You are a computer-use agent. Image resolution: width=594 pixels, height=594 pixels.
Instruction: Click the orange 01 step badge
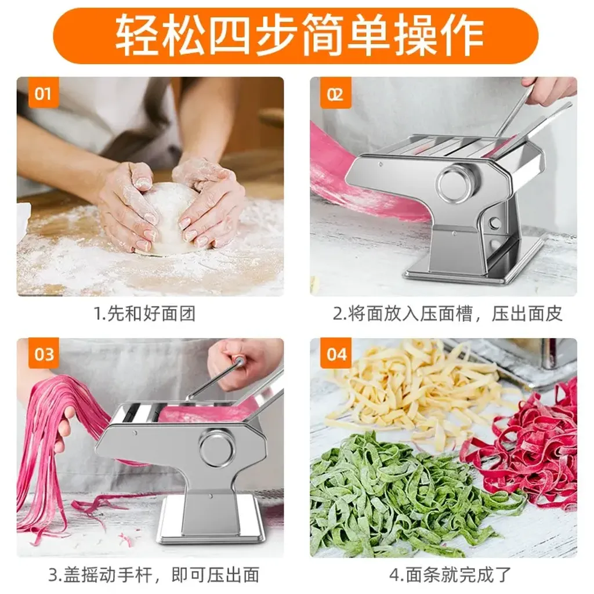click(x=43, y=92)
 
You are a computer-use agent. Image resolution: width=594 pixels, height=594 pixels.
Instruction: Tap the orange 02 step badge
click(x=336, y=92)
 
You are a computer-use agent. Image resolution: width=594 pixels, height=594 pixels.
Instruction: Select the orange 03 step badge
click(x=43, y=354)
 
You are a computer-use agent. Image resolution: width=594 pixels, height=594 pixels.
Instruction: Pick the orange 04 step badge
click(x=336, y=354)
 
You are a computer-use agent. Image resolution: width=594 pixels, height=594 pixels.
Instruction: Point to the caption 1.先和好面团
click(x=144, y=314)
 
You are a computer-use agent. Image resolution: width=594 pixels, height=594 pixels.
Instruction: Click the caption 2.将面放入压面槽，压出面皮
click(x=447, y=314)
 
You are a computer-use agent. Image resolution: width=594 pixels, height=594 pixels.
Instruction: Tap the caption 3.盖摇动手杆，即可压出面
click(x=154, y=574)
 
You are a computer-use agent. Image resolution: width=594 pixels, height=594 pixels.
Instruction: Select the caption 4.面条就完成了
click(x=450, y=574)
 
